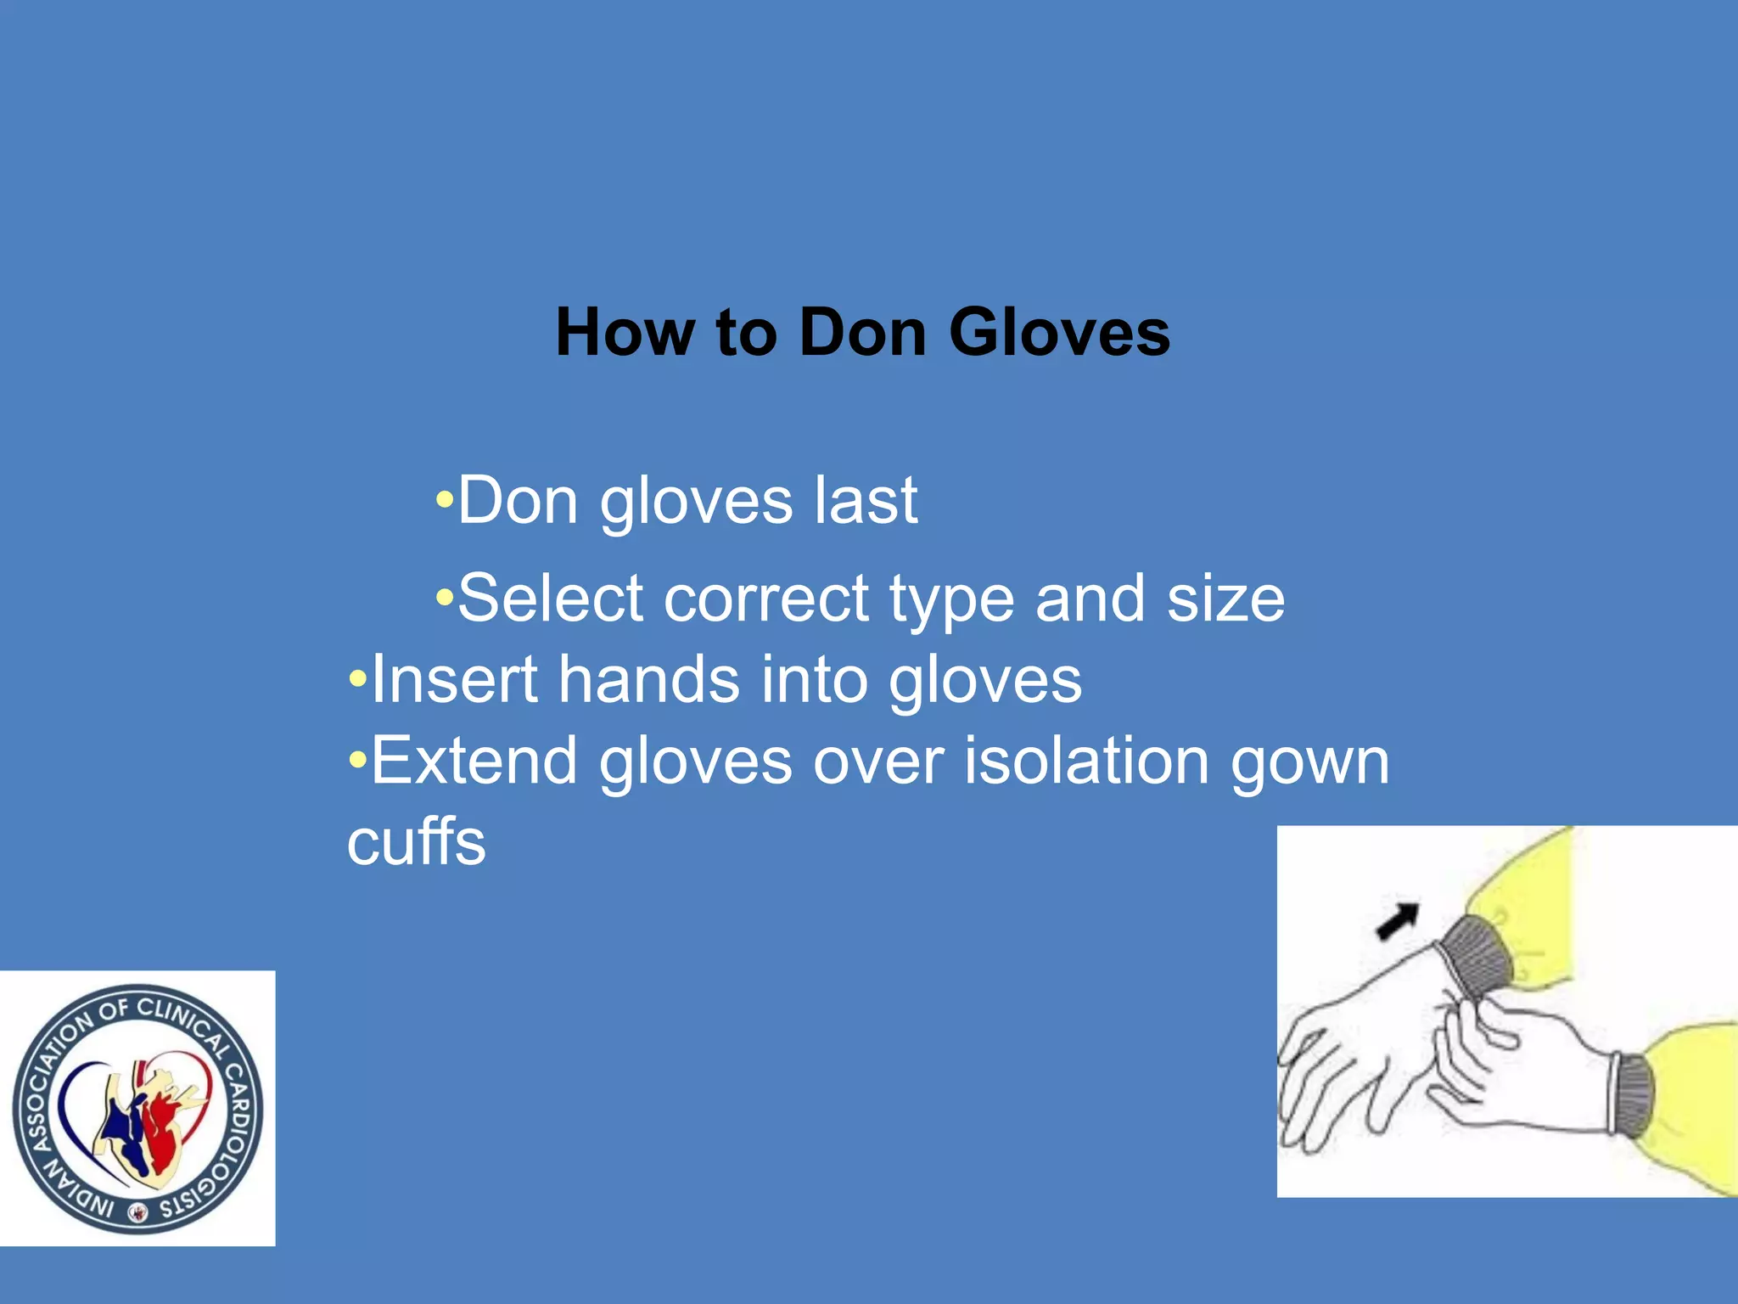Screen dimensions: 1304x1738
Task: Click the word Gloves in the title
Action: click(x=1059, y=332)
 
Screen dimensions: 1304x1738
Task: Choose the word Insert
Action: click(x=455, y=679)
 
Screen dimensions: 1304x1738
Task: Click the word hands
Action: click(x=648, y=679)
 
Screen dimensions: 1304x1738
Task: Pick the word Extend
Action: click(x=474, y=760)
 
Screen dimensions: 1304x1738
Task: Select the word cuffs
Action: click(x=417, y=841)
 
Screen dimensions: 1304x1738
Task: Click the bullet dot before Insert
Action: click(x=358, y=679)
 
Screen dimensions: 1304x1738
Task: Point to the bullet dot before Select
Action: click(x=445, y=599)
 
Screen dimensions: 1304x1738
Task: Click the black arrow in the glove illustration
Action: click(x=1397, y=921)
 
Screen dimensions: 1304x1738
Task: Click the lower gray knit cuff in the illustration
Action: click(x=1634, y=1095)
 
